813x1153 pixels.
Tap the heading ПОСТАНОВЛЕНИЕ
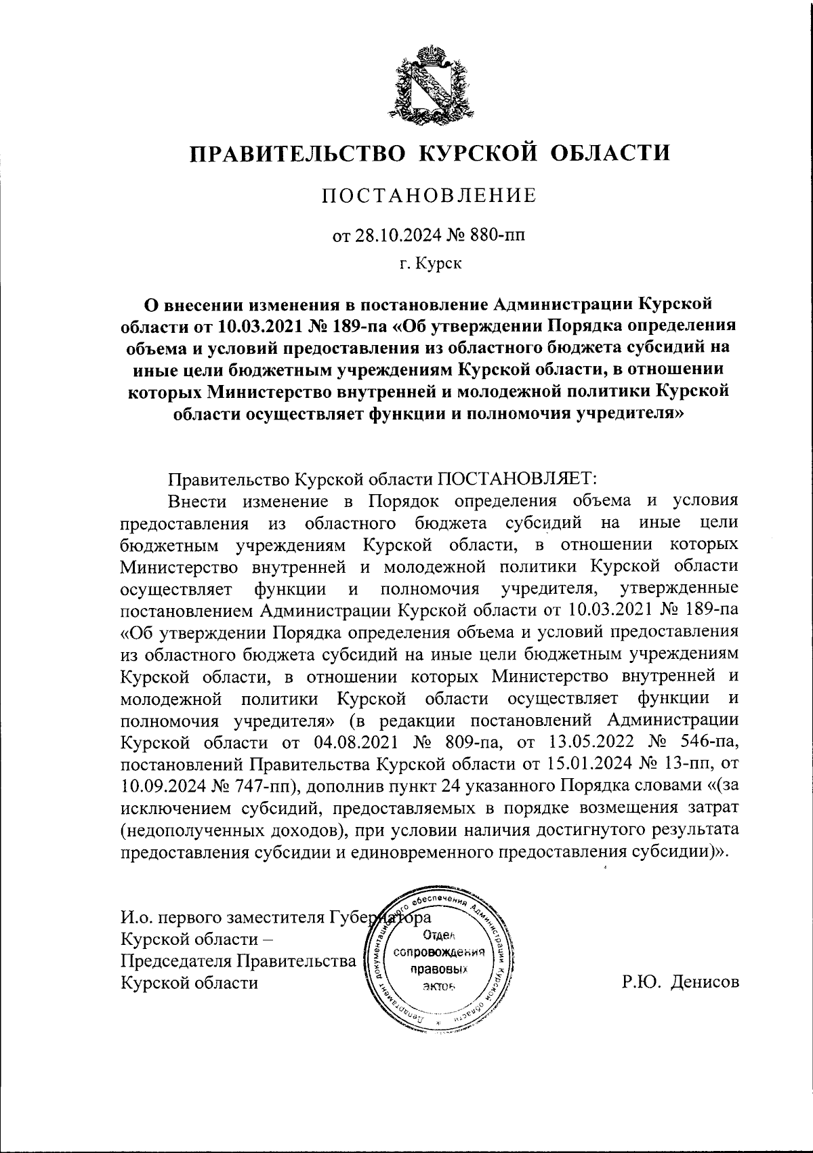pos(428,197)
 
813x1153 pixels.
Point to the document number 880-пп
pos(493,236)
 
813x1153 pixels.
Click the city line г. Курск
pos(430,264)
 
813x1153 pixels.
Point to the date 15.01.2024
pos(587,764)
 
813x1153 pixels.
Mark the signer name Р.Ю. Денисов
pos(681,982)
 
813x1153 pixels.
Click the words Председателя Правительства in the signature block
pos(238,960)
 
